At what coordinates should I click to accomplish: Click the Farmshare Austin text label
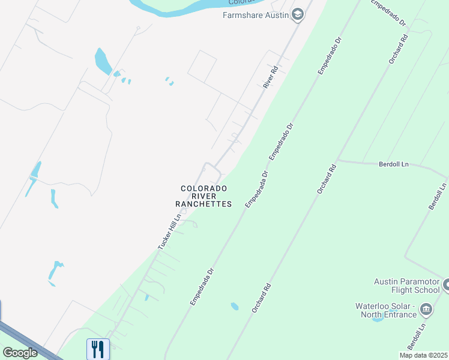coord(256,16)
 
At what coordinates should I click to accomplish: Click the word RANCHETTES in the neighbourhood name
coord(203,204)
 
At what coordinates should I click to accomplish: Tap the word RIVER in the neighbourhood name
coord(203,196)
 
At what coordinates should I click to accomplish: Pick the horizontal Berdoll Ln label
coord(394,164)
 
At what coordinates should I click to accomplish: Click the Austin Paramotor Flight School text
coord(407,286)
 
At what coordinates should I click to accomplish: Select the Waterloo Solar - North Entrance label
coord(385,310)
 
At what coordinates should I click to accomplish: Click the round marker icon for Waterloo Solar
coord(426,310)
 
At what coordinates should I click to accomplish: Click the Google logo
coord(20,353)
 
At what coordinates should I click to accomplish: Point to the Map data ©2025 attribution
coord(423,355)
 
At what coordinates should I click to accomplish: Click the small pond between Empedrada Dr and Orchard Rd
coord(235,307)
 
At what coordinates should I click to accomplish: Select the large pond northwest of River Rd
coord(102,61)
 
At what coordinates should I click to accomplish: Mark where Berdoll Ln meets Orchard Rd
coord(338,160)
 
